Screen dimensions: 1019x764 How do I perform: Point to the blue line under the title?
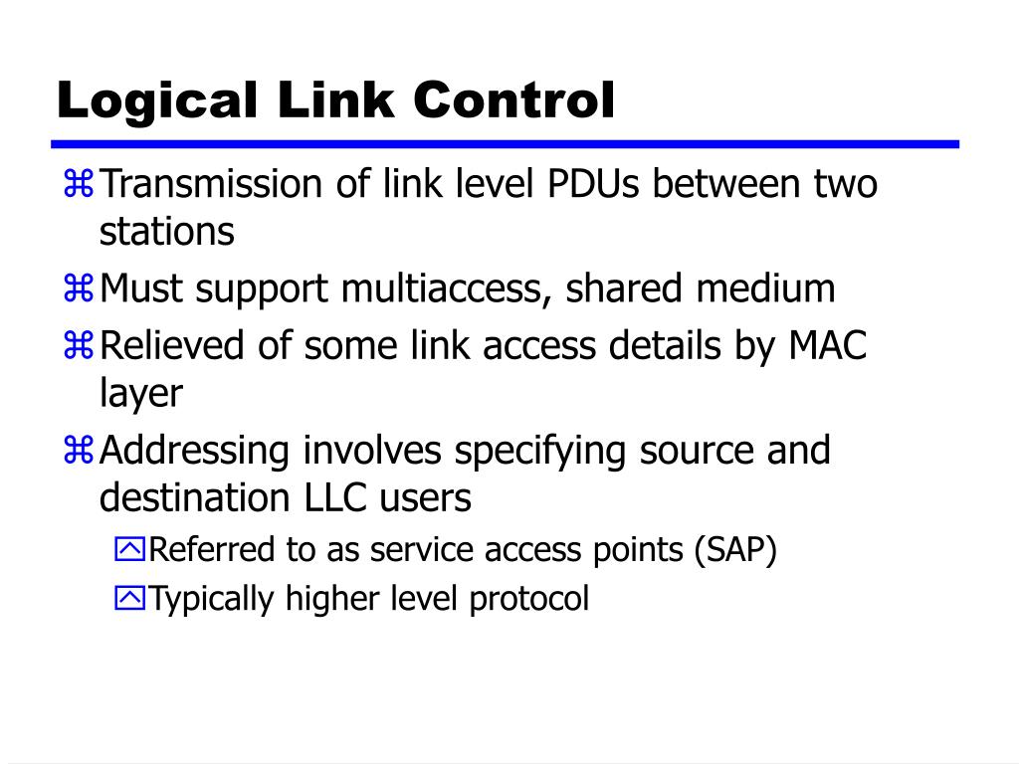pyautogui.click(x=508, y=144)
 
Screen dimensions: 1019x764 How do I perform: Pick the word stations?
pyautogui.click(x=166, y=232)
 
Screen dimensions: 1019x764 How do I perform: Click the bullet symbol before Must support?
pyautogui.click(x=79, y=289)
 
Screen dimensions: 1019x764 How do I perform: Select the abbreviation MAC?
pyautogui.click(x=828, y=347)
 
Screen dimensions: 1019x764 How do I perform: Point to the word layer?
pyautogui.click(x=141, y=394)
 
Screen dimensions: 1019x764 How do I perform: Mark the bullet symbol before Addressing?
pyautogui.click(x=79, y=451)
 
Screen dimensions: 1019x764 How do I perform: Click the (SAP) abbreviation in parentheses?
pyautogui.click(x=735, y=550)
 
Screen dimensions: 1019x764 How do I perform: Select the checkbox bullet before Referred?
pyautogui.click(x=129, y=550)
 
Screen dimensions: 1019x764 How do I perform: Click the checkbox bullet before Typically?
pyautogui.click(x=129, y=599)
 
